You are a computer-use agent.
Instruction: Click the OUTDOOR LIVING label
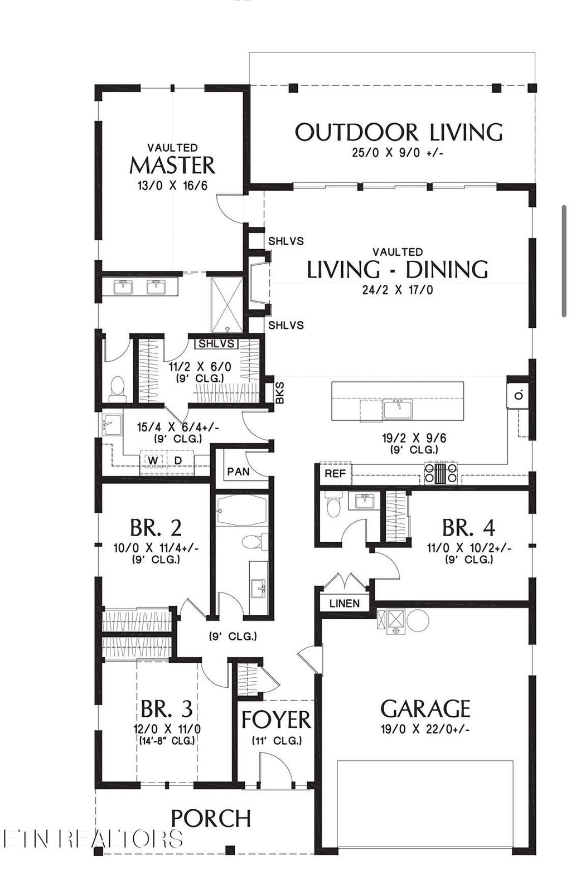tap(398, 133)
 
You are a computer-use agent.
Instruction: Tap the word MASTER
tap(172, 166)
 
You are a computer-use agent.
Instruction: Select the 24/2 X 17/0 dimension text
tap(398, 290)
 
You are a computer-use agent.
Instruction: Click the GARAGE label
tap(425, 708)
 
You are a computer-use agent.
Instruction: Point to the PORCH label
tap(211, 818)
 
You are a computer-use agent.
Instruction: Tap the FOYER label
tap(275, 720)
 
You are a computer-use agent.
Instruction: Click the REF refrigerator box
tap(335, 474)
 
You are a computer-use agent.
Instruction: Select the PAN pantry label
tap(238, 472)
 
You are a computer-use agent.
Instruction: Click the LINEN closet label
tap(344, 604)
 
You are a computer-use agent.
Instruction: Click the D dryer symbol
tap(178, 460)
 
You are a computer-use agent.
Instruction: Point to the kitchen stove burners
tap(441, 473)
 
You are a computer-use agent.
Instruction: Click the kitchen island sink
tap(398, 410)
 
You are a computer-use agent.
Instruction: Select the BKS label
tap(280, 393)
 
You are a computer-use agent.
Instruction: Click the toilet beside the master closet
tap(117, 388)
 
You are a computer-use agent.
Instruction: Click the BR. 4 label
tap(468, 527)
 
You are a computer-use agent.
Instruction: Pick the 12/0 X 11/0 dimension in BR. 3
tap(167, 729)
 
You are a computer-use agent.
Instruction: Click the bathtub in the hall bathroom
tap(242, 511)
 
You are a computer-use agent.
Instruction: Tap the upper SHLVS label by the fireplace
tap(285, 241)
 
